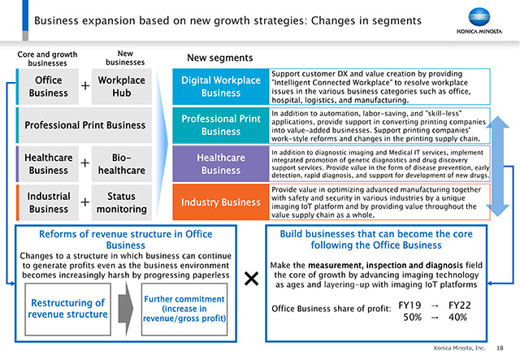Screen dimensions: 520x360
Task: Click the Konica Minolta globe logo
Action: pos(479,17)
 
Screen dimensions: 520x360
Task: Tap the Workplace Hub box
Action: pos(121,87)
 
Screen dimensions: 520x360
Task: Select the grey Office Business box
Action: pos(49,87)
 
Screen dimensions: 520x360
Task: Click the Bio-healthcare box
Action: pos(121,164)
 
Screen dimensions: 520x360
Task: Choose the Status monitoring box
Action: pos(121,202)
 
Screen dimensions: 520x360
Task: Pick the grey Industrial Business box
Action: pos(49,202)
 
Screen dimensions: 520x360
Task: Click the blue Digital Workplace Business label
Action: pos(221,87)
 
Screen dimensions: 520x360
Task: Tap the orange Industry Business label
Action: pos(221,202)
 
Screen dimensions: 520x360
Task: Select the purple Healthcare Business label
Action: pos(221,163)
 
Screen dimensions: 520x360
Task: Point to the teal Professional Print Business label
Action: pos(221,125)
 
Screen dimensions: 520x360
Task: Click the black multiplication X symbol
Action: pos(251,279)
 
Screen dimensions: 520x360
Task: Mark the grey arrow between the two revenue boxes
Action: pos(126,309)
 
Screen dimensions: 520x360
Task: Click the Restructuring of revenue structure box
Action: pos(67,309)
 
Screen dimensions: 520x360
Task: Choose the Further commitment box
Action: pos(184,309)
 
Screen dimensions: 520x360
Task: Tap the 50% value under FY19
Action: pos(412,317)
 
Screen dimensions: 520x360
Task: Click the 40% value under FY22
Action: pos(457,317)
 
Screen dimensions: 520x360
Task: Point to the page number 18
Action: pos(500,348)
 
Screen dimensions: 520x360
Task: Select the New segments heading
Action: pos(220,58)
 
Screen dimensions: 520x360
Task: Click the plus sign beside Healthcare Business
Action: pos(84,163)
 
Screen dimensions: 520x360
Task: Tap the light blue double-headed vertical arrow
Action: pos(497,167)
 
